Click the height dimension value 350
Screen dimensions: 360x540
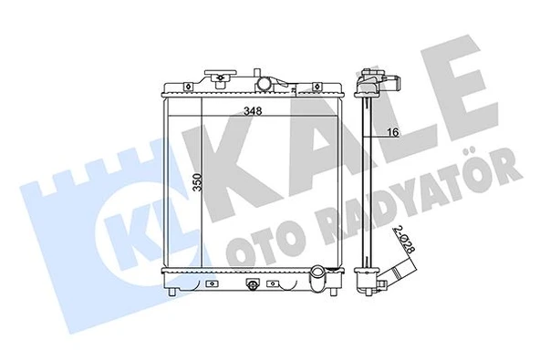[196, 188]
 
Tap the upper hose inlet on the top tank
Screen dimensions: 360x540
[265, 85]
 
